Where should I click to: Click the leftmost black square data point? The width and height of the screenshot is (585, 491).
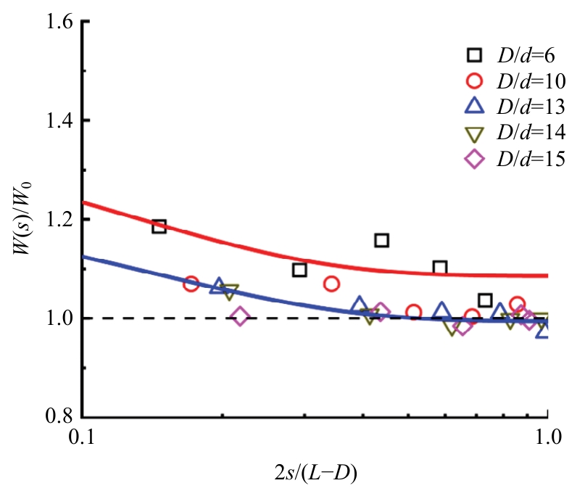pos(159,226)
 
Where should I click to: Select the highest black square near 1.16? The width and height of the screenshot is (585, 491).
pos(382,239)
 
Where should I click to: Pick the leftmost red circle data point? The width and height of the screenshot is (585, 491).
pos(191,284)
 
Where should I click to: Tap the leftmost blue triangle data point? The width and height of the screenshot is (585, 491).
pos(217,286)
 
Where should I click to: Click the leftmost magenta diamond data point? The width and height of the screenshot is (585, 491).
pos(241,317)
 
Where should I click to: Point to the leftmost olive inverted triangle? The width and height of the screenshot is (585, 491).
pos(230,292)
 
